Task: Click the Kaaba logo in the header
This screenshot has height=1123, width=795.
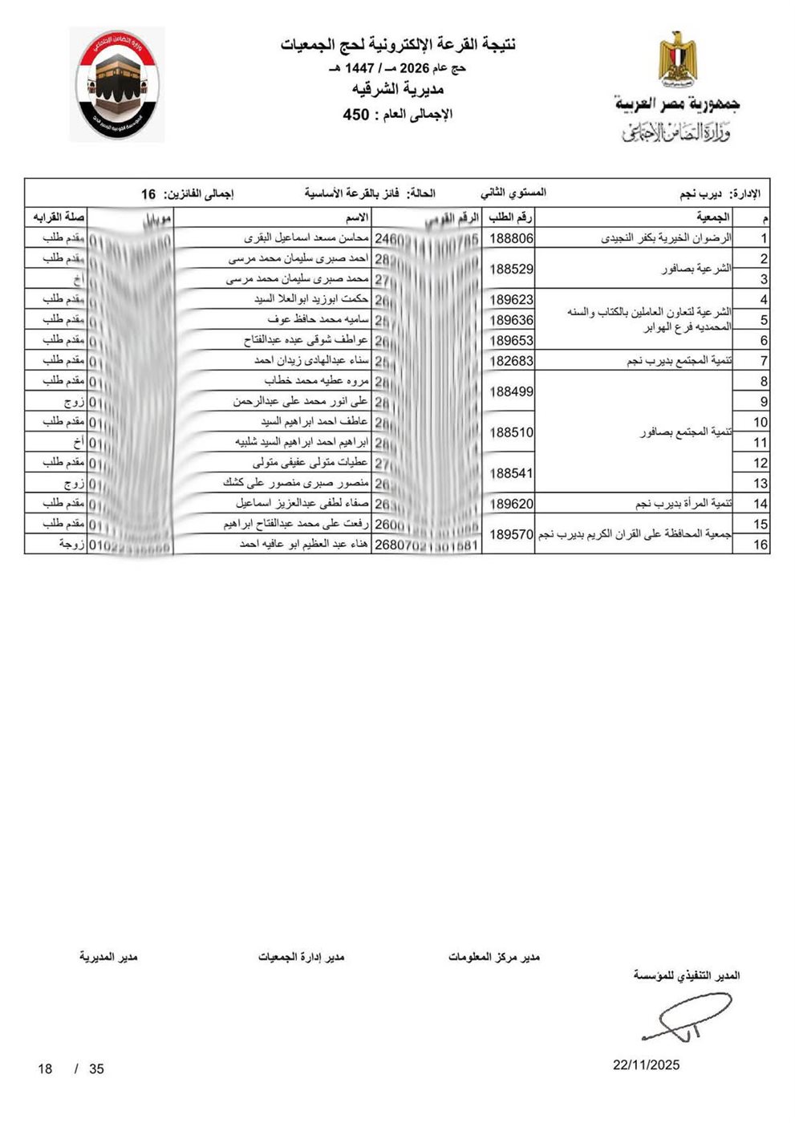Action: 118,84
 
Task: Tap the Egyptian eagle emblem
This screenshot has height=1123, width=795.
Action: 678,58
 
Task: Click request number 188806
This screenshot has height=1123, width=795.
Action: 511,238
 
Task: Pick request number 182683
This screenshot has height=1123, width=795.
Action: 511,361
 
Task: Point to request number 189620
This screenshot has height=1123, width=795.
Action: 511,504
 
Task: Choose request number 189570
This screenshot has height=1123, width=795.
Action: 511,534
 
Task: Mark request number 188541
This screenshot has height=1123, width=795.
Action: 511,473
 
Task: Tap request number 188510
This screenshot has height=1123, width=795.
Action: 511,432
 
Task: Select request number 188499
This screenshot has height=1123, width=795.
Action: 511,391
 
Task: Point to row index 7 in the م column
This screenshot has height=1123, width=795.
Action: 764,361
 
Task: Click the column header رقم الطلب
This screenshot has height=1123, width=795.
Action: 511,217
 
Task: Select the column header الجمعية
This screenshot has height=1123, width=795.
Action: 713,217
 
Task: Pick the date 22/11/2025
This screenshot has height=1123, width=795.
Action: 646,1064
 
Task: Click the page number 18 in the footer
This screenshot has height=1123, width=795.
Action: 45,1068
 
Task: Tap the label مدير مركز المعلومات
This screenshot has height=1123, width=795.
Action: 493,957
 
